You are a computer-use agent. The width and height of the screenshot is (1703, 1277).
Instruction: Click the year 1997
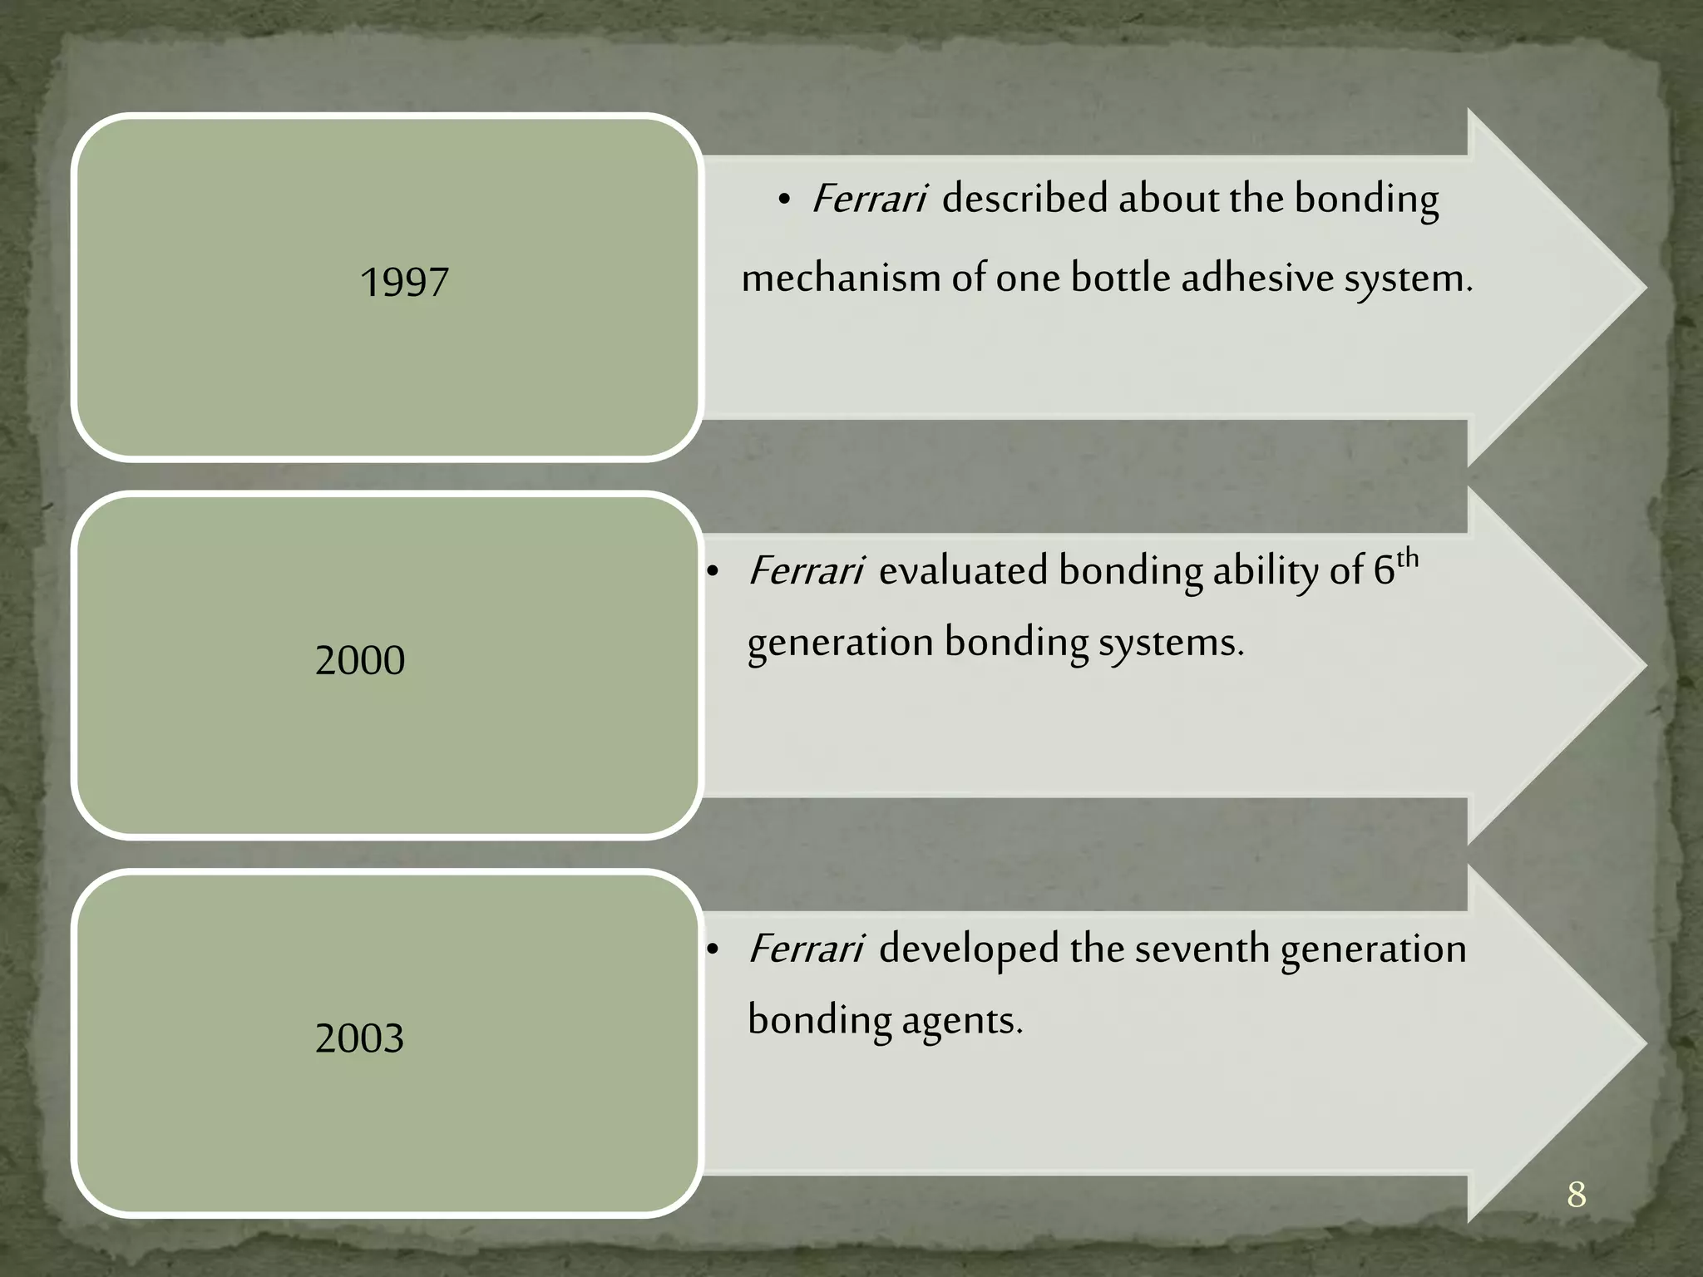click(x=404, y=282)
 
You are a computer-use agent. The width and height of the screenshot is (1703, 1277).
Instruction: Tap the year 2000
click(x=360, y=661)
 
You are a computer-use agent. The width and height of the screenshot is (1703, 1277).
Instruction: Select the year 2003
click(x=360, y=1038)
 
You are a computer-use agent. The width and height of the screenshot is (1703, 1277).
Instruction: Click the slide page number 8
click(x=1576, y=1196)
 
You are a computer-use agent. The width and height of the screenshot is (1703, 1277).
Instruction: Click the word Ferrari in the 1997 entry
click(x=869, y=200)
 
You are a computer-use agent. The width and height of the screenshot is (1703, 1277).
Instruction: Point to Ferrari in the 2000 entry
click(x=806, y=571)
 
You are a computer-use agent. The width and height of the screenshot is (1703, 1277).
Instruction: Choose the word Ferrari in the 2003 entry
click(x=806, y=949)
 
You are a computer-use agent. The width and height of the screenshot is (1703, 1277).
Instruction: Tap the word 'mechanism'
click(x=841, y=279)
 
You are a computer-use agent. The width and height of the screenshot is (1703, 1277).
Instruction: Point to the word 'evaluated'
click(x=964, y=571)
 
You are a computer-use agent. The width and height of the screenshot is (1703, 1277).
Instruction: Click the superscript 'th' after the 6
click(x=1408, y=559)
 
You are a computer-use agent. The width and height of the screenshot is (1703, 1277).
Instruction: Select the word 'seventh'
click(x=1202, y=949)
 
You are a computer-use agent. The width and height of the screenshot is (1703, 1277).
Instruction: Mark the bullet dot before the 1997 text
click(x=783, y=201)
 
